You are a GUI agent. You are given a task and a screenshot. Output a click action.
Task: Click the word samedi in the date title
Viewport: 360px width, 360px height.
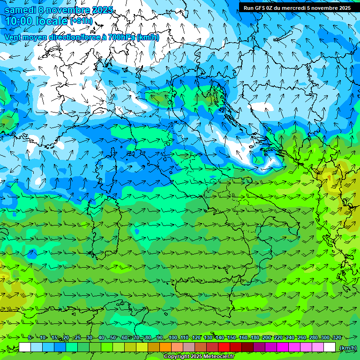(19, 10)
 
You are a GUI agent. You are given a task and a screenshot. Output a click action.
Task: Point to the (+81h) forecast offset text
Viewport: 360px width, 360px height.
(82, 21)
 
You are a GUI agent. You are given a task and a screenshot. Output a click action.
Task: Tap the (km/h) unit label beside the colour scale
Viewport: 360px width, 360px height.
(348, 348)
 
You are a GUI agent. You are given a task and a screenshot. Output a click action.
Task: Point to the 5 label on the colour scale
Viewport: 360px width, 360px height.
(30, 338)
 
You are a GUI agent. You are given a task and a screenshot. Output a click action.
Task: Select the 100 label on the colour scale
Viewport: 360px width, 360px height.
(172, 338)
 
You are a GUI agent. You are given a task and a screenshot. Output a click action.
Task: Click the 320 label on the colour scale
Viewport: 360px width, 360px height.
(337, 338)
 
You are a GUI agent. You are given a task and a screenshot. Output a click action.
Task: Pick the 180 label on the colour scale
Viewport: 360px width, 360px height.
(255, 338)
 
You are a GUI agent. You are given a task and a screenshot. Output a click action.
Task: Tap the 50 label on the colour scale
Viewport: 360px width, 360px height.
(113, 338)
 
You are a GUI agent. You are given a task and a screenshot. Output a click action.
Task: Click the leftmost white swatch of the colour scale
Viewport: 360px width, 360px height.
(25, 347)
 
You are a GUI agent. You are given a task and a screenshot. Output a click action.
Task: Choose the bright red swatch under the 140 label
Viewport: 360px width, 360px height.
(224, 347)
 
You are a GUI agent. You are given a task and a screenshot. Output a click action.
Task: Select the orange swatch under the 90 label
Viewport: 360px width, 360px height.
(165, 347)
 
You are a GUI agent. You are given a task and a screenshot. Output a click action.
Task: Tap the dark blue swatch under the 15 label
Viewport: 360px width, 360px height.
(60, 347)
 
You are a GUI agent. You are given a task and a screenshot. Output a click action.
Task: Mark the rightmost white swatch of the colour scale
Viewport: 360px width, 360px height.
(330, 347)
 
